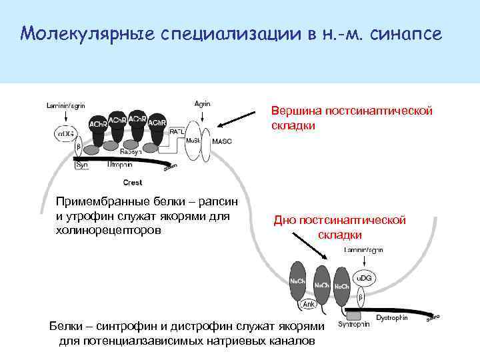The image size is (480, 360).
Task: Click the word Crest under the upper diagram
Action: (133, 182)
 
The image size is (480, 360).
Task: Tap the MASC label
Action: (222, 141)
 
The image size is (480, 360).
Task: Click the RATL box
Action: (177, 131)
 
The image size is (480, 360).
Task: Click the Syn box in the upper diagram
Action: (82, 164)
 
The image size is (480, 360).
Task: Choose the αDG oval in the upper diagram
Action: (65, 134)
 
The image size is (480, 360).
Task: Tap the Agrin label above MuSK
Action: (202, 103)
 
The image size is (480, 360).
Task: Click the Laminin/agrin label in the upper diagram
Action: (65, 105)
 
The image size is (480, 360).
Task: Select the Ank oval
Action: (309, 303)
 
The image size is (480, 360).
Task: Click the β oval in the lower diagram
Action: (361, 295)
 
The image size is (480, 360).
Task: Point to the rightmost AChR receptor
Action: (157, 125)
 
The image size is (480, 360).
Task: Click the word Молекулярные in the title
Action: (87, 33)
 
